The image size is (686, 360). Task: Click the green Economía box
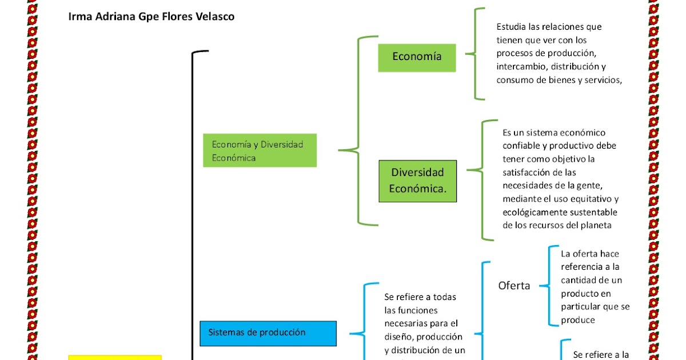click(x=417, y=57)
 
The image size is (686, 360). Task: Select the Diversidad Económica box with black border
click(x=417, y=181)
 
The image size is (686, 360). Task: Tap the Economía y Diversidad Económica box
click(x=260, y=151)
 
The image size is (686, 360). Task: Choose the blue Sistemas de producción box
click(x=268, y=333)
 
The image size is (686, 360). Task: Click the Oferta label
click(x=514, y=286)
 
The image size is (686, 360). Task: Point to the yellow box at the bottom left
click(x=114, y=357)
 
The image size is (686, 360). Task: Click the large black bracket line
click(x=193, y=200)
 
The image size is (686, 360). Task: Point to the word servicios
click(x=600, y=80)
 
